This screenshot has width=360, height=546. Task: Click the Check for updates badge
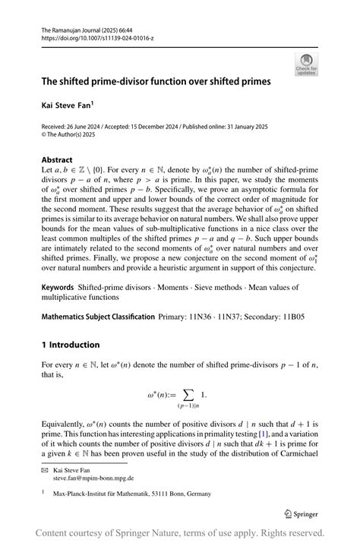(x=306, y=65)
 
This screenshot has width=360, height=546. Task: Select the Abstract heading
(x=57, y=160)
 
